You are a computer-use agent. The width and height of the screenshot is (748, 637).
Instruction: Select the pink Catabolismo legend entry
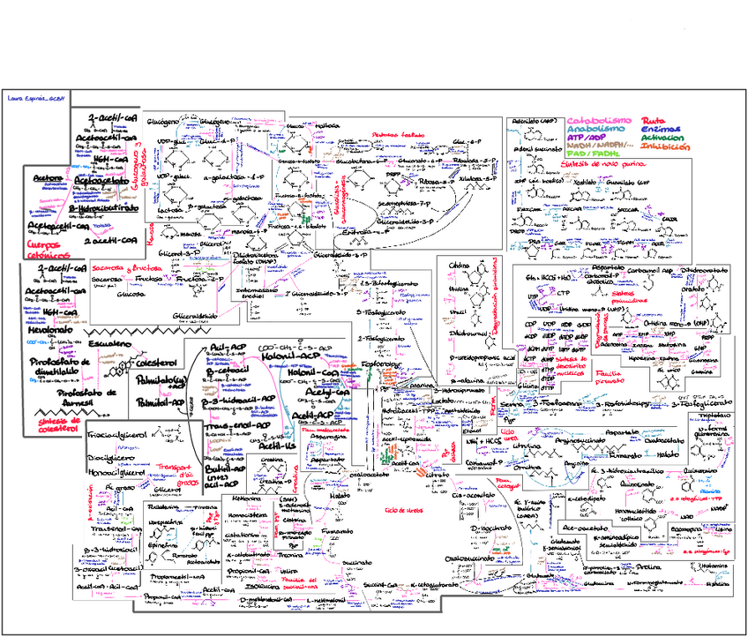(x=598, y=120)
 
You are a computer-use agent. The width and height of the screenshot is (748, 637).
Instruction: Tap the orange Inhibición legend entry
(x=665, y=146)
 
